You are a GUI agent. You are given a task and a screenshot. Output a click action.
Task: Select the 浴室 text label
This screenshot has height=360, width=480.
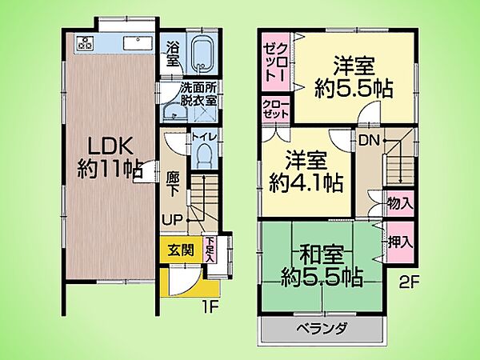[172, 53]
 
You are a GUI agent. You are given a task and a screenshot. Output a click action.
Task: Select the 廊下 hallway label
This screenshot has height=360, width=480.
[172, 180]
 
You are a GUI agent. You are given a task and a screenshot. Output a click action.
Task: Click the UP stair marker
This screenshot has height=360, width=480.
[172, 218]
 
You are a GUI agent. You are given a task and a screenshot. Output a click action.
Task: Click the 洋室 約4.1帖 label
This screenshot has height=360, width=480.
[306, 172]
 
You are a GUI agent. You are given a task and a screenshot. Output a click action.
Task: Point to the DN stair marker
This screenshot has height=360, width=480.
[369, 139]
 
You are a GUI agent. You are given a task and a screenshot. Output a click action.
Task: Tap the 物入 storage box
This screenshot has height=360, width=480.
[400, 203]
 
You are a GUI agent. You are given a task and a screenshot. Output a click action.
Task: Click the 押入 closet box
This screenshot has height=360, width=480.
[400, 242]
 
